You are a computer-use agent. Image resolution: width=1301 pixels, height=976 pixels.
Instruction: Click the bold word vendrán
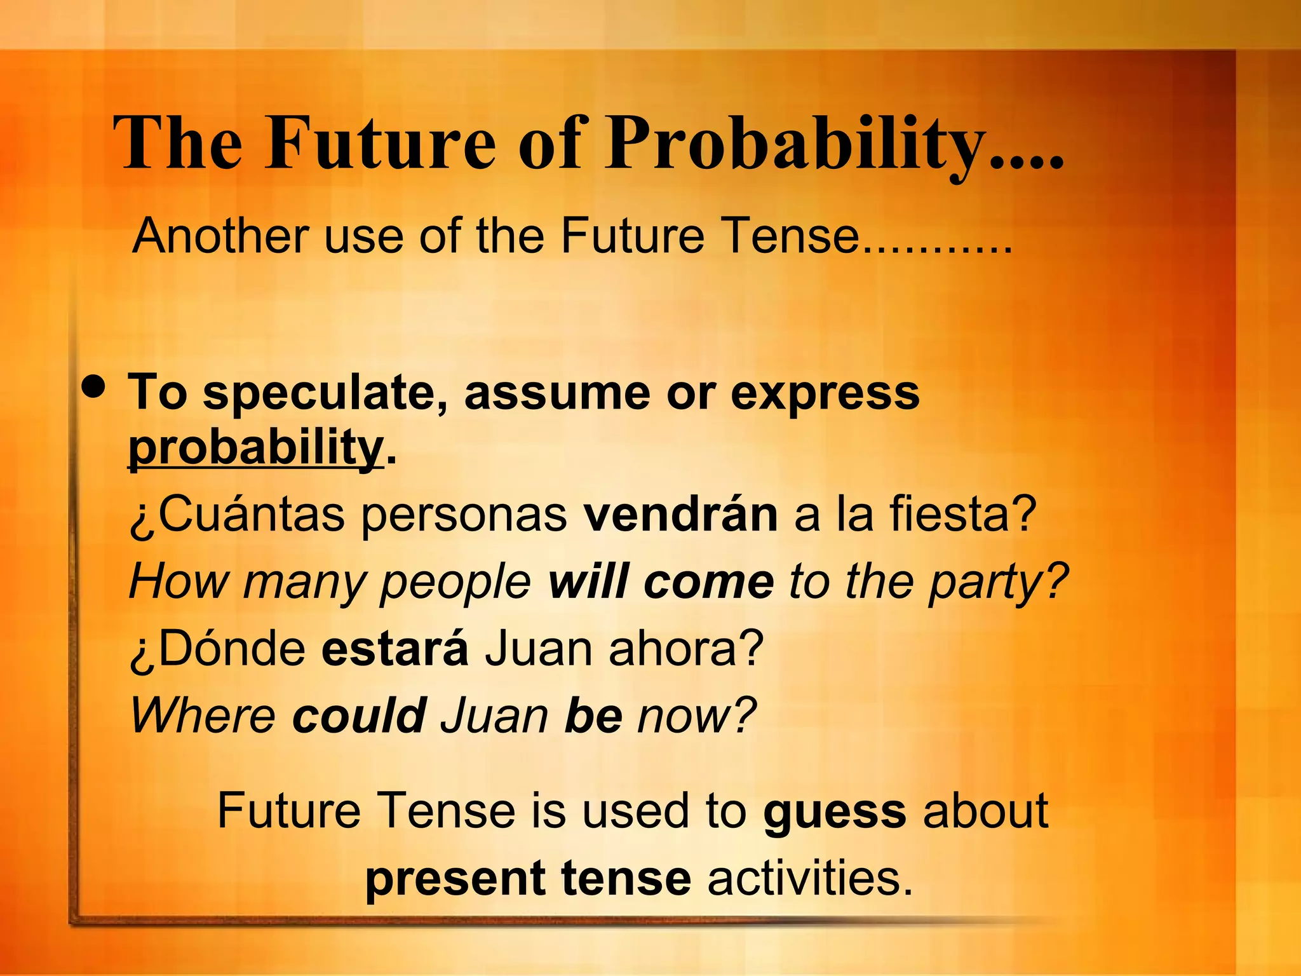coord(680,514)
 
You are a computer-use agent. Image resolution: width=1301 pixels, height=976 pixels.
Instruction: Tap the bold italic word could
coord(359,715)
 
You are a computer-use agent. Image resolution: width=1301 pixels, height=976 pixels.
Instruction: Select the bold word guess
coord(835,811)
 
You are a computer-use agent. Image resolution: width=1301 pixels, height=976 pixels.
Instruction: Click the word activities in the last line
coord(810,879)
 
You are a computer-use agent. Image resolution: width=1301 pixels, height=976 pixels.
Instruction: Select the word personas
coord(464,514)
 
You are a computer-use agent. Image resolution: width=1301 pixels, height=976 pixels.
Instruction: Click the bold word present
coord(455,879)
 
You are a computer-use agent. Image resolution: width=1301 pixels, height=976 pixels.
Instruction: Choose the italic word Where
coord(203,715)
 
